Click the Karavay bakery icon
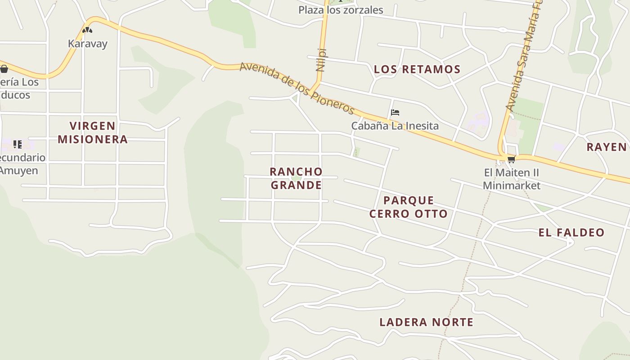[87, 30]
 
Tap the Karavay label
[88, 44]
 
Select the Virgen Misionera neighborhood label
[92, 132]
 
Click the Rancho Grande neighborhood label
[296, 178]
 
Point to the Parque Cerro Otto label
[409, 207]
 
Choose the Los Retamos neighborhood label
[417, 69]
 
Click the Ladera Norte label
[426, 322]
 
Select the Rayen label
[607, 147]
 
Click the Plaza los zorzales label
[341, 10]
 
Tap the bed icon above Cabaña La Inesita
[395, 112]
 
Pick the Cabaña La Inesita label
[395, 126]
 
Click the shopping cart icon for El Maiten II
[511, 159]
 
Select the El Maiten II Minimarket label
[512, 179]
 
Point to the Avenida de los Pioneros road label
[297, 88]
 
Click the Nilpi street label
[320, 59]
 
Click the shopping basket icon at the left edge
[4, 69]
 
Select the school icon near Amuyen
[17, 144]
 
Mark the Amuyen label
[19, 171]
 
